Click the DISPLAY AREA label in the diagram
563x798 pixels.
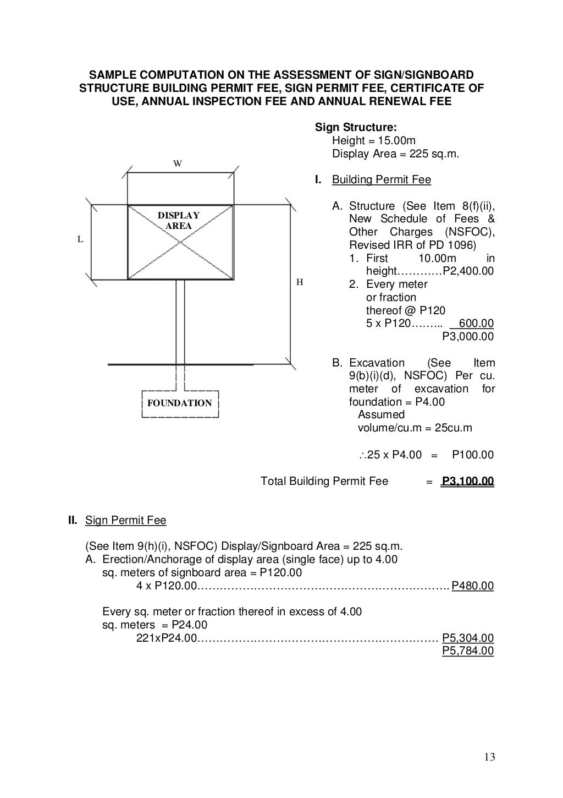(179, 221)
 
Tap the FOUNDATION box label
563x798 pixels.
(179, 403)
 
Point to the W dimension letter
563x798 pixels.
(178, 163)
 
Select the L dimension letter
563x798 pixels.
(80, 239)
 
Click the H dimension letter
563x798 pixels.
(300, 282)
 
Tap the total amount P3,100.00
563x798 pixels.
(468, 482)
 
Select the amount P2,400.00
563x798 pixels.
(468, 271)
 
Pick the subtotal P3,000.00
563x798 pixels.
(468, 336)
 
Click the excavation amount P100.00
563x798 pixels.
(473, 455)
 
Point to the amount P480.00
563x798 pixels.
(473, 586)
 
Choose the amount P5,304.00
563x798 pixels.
(468, 638)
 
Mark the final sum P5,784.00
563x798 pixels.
(468, 651)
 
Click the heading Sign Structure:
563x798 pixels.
(352, 128)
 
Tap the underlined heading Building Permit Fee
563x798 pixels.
(382, 180)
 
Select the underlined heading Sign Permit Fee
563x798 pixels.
(125, 520)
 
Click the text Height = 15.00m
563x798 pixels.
(374, 141)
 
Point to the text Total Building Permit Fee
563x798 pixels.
(324, 482)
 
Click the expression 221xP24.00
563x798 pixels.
(166, 638)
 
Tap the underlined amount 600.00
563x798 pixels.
(476, 324)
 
